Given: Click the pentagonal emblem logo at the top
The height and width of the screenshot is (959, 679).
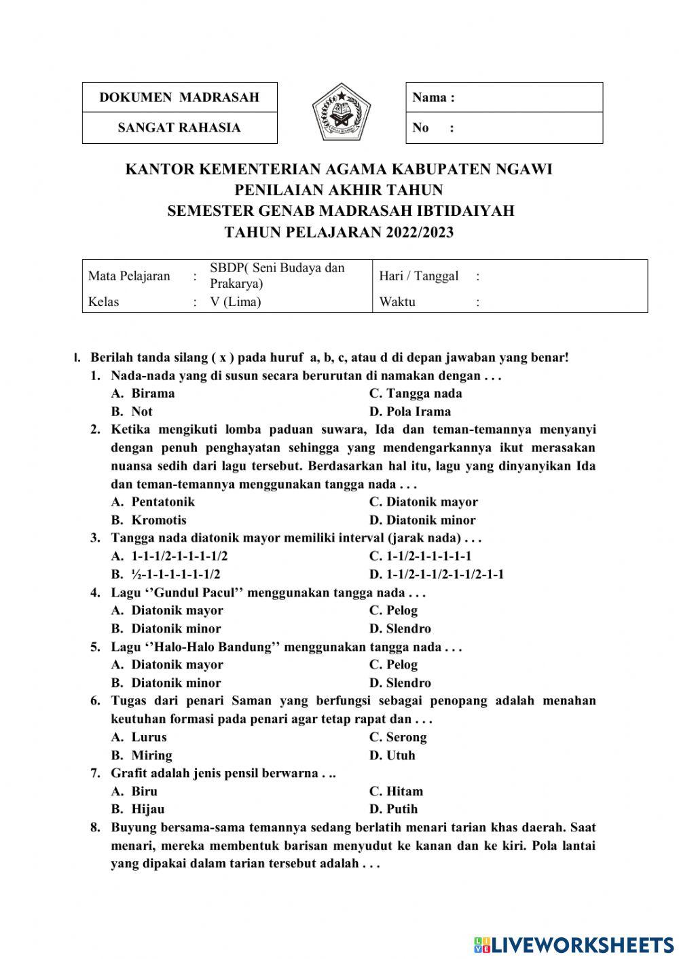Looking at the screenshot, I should click(x=342, y=112).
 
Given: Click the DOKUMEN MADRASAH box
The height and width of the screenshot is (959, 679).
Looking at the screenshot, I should click(x=179, y=97).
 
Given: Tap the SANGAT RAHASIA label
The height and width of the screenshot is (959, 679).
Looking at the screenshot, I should click(x=179, y=128).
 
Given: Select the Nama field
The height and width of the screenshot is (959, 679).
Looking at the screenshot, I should click(x=504, y=97).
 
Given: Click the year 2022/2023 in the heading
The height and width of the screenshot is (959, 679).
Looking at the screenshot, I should click(x=420, y=232).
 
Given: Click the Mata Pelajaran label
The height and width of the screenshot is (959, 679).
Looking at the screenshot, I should click(x=129, y=276).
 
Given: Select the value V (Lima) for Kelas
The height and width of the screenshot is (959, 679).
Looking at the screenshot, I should click(x=235, y=302).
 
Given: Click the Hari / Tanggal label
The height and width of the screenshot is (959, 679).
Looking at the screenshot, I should click(x=418, y=276).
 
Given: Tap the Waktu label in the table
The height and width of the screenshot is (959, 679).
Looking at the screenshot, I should click(x=397, y=302).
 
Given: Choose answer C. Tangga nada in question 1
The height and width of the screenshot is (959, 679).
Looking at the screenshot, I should click(x=415, y=394).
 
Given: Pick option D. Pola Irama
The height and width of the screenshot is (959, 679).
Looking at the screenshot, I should click(x=409, y=411).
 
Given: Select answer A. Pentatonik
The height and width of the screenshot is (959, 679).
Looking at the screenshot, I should click(x=153, y=502).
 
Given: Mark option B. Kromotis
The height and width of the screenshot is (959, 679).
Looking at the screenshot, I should click(x=149, y=520).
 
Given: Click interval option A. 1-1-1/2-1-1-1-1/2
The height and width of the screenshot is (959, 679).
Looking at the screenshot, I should click(x=169, y=557).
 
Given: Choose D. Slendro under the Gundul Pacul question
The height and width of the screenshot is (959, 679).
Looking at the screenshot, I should click(x=400, y=628).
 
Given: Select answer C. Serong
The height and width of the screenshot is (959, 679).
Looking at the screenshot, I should click(x=398, y=737).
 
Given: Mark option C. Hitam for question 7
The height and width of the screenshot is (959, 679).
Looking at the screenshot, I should click(x=396, y=791).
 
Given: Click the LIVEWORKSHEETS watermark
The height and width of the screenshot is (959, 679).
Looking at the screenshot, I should click(x=574, y=945).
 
